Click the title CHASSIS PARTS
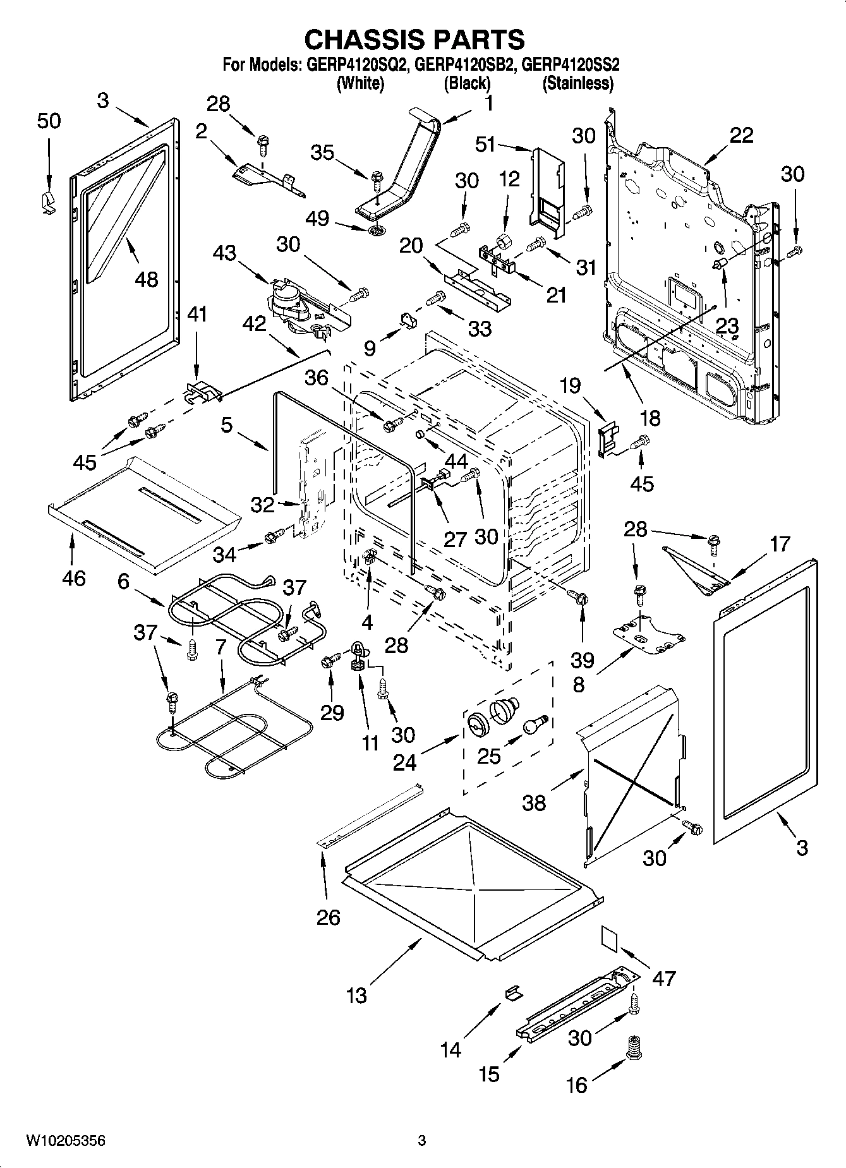click(414, 39)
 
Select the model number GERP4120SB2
click(466, 64)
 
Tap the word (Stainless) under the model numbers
click(578, 83)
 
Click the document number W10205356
click(65, 1140)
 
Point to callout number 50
click(49, 120)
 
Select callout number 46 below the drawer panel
click(74, 577)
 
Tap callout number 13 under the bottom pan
click(356, 996)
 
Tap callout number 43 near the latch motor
click(224, 253)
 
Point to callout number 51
click(485, 145)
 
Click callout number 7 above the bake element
click(220, 647)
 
